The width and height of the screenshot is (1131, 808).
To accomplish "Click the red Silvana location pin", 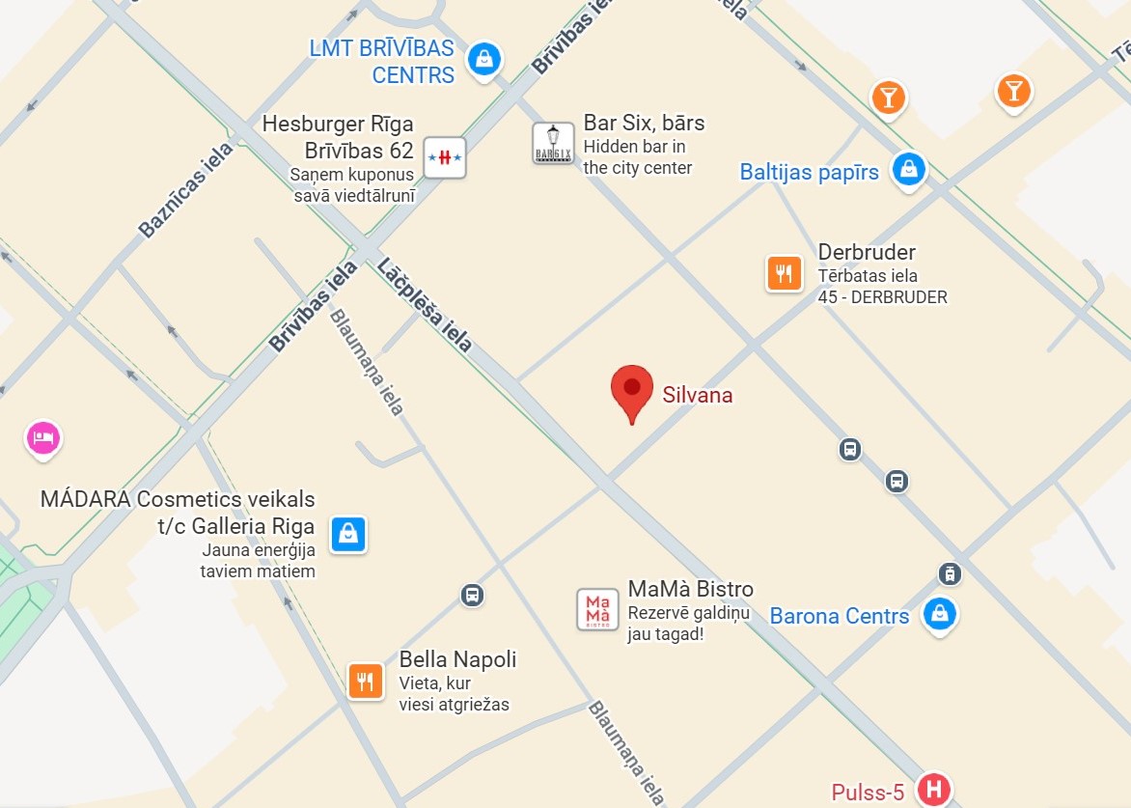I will click(x=632, y=390).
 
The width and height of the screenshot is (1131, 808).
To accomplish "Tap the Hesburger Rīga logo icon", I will click(x=444, y=156).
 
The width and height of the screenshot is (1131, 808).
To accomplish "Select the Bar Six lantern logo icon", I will click(x=553, y=144).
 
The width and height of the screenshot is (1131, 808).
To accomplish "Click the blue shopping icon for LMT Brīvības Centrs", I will click(x=484, y=59).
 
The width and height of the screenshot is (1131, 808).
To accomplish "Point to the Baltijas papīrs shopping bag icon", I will click(x=908, y=170).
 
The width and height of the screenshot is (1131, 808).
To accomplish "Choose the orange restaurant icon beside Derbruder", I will click(x=785, y=273).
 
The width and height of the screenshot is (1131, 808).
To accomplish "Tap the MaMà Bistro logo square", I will click(x=597, y=609).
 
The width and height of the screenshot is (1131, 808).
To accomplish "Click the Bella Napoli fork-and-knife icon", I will click(x=366, y=682).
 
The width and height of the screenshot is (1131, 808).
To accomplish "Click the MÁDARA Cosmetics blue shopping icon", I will click(x=347, y=533).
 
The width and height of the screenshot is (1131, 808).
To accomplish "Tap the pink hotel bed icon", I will click(x=42, y=438).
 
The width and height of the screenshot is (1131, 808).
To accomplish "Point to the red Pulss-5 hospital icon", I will click(x=933, y=789).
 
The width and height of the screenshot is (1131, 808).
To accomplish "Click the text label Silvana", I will click(x=697, y=395).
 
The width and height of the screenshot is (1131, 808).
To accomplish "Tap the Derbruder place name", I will click(x=866, y=252).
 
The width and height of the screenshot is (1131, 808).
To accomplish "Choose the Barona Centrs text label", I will click(x=839, y=616).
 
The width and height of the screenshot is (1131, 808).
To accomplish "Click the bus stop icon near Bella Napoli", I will click(x=472, y=595).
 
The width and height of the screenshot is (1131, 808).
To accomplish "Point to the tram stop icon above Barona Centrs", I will click(x=950, y=573).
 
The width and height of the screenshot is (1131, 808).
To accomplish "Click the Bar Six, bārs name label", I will click(x=644, y=123).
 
